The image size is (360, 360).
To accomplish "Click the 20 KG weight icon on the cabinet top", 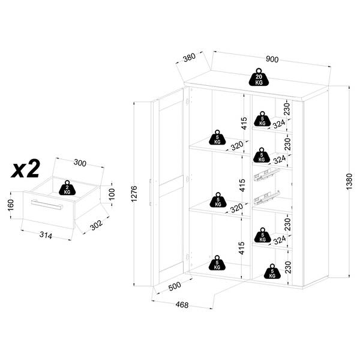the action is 259,77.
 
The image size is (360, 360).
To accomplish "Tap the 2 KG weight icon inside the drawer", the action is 67,188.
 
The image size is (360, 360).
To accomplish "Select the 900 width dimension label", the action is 272,59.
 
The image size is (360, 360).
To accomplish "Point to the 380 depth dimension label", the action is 190,58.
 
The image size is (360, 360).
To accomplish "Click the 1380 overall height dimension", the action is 349,181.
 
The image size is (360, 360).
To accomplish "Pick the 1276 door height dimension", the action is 134,194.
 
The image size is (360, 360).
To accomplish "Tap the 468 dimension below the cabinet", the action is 182,305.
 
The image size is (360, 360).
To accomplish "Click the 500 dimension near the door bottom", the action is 175,286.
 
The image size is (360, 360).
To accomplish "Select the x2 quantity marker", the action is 25,169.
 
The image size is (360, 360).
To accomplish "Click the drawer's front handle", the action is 47,205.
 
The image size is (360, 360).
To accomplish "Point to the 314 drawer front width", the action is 46,235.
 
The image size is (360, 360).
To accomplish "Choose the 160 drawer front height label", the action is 11,205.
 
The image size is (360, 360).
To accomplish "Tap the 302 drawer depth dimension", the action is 97,225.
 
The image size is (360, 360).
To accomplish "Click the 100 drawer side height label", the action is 112,194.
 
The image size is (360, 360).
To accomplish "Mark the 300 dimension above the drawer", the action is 80,163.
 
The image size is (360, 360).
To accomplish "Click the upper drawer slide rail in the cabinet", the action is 266,175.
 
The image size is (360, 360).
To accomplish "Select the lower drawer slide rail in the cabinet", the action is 266,197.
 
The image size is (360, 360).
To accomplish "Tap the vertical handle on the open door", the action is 150,193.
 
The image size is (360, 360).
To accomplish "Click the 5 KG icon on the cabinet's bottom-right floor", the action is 272,271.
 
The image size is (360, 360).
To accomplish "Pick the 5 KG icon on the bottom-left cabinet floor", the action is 217,263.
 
